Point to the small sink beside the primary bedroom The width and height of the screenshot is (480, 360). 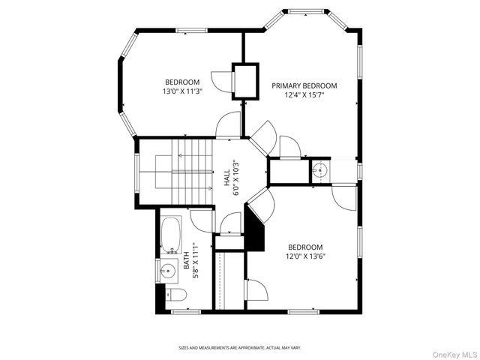(319, 170)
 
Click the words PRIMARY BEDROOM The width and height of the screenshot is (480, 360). (304, 85)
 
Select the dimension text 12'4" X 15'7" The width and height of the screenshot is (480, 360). (304, 95)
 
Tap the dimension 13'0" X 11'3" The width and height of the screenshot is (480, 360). (182, 91)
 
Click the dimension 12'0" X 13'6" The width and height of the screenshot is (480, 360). (305, 256)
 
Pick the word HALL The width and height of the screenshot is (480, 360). (226, 178)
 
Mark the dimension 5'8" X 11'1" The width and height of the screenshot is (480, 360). (194, 260)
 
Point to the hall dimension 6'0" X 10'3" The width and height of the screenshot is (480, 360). (235, 178)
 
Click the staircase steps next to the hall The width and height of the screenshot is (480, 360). (184, 172)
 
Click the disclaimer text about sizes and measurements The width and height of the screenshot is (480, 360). (239, 347)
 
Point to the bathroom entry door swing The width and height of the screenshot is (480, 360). (201, 220)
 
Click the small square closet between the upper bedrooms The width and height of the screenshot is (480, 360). (244, 79)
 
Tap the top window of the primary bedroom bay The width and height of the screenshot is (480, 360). (305, 11)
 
